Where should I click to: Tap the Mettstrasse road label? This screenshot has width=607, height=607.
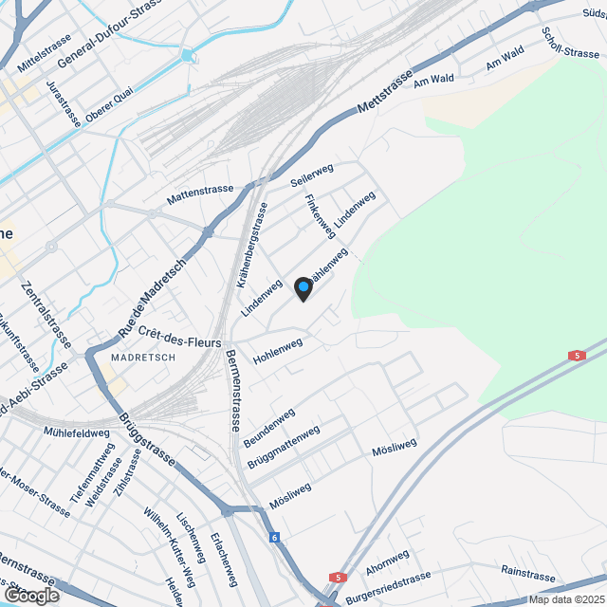[x=387, y=92]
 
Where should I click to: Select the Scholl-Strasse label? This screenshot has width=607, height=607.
[x=570, y=40]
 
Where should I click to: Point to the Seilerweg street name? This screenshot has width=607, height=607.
[x=313, y=172]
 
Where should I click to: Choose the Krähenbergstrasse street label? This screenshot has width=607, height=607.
[x=248, y=245]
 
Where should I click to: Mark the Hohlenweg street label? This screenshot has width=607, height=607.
[x=279, y=352]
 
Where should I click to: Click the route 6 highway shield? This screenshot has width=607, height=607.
[x=275, y=538]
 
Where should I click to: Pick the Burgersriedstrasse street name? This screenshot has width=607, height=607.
[x=389, y=581]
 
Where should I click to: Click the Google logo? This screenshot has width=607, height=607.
[x=30, y=595]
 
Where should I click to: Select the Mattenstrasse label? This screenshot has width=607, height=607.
[x=200, y=194]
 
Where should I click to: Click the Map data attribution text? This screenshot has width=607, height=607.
[x=566, y=598]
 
